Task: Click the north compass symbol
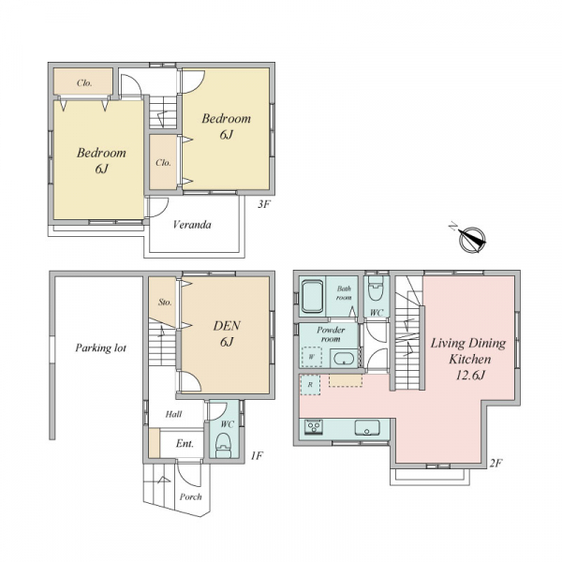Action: coord(472,240)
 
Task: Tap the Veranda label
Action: coord(192,225)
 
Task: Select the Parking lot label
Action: coord(101,348)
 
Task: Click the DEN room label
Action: coord(227,325)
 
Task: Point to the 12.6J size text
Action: coord(470,376)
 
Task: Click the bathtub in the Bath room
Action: coord(313,297)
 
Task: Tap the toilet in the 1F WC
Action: coord(224,446)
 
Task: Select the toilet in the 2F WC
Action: coord(376,289)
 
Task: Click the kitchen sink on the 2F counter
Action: coord(366,428)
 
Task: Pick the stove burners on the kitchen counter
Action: coord(314,427)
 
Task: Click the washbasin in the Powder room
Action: coord(344,359)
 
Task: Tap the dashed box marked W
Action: coord(312,357)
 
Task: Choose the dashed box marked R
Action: coord(310,385)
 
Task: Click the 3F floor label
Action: coord(263,204)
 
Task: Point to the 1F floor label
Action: coord(257,455)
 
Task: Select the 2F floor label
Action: coord(495,464)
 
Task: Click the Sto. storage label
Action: coord(165,303)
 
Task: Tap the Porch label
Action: coord(191,496)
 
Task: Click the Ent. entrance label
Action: coord(185,444)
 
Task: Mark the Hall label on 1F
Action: coord(174,414)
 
